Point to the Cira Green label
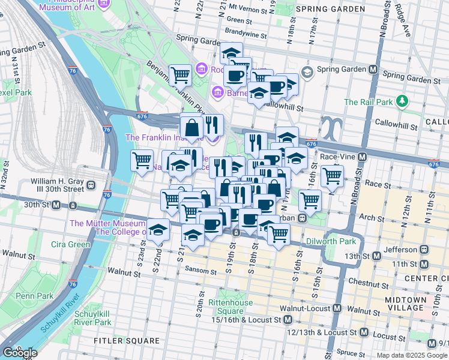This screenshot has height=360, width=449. click(70, 244)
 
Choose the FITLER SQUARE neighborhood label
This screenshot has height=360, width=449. click(127, 341)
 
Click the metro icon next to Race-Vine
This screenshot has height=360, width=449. click(362, 157)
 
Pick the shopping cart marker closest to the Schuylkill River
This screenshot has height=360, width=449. click(142, 160)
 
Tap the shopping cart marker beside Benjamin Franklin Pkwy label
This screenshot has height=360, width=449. click(180, 75)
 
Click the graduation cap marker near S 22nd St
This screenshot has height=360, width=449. click(157, 230)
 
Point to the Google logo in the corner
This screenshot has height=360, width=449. click(19, 353)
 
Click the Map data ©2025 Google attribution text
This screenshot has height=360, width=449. click(411, 355)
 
